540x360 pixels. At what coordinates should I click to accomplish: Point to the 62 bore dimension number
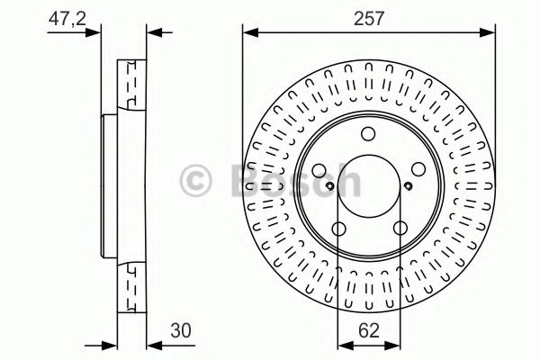click(x=367, y=330)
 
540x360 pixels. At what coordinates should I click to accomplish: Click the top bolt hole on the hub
click(x=368, y=135)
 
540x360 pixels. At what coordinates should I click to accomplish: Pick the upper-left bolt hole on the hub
click(x=320, y=170)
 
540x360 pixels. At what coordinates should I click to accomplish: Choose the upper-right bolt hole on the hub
click(x=416, y=170)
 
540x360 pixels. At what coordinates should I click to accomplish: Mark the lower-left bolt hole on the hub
click(x=338, y=229)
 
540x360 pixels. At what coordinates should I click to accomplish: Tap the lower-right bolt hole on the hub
click(x=398, y=229)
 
